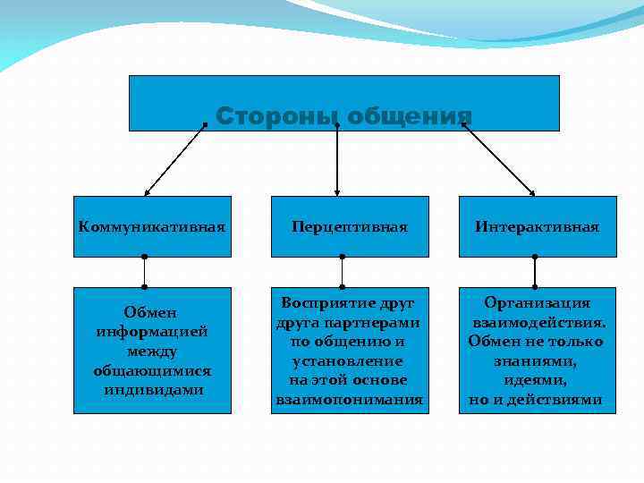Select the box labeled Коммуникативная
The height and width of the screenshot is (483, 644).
[x=151, y=227]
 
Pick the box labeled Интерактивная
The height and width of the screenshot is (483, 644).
[x=538, y=227]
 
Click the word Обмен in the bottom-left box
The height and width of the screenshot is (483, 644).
[x=151, y=312]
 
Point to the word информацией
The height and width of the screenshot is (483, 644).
[x=151, y=332]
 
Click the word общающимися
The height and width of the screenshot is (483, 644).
[x=151, y=370]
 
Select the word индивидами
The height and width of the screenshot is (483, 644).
[x=151, y=390]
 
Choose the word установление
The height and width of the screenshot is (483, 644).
[x=348, y=360]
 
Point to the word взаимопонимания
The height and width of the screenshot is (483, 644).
[x=349, y=400]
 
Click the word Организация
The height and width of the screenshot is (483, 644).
[x=537, y=302]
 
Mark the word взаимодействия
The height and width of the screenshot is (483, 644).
[x=538, y=322]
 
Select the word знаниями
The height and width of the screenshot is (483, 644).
[x=536, y=360]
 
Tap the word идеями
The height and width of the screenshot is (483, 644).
[x=536, y=380]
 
